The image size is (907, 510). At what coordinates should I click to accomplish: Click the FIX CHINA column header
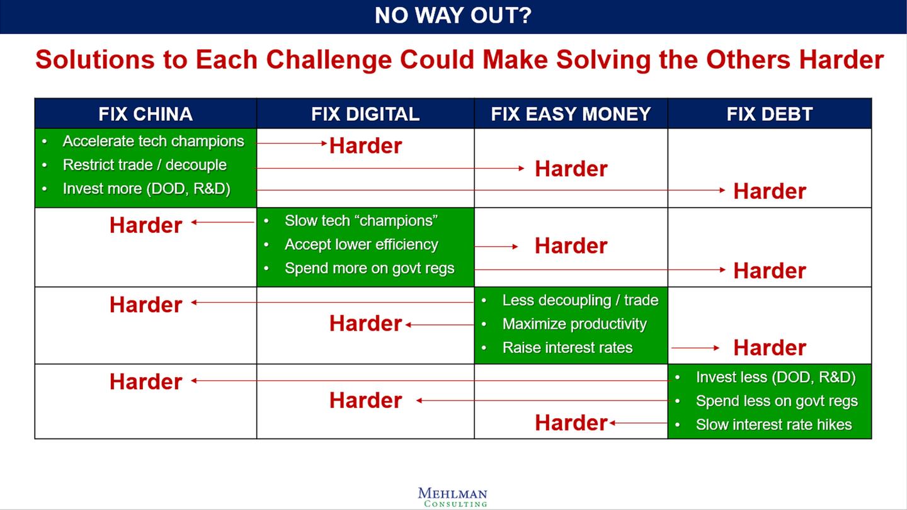point(145,114)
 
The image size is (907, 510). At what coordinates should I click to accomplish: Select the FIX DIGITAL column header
point(365,114)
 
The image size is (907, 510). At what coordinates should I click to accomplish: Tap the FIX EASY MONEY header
point(571,114)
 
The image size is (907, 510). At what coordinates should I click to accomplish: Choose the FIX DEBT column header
point(769,114)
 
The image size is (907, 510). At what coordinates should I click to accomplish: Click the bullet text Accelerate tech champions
point(153,141)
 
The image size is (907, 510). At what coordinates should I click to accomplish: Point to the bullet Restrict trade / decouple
point(144,165)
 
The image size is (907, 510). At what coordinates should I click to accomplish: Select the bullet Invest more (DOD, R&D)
point(146,189)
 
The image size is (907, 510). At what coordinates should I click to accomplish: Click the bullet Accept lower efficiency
point(361,244)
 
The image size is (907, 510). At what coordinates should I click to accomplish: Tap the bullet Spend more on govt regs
point(369,268)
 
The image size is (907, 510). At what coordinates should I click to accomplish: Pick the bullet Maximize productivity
point(574,324)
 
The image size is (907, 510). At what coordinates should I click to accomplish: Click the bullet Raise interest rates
point(567,348)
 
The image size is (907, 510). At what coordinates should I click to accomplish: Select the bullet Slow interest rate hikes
point(773,425)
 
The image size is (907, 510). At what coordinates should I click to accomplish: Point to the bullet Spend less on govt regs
point(777,401)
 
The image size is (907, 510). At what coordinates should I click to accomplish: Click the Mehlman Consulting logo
point(452,497)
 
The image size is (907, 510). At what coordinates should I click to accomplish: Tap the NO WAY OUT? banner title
point(453,16)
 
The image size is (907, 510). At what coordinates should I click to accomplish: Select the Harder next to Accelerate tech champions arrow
point(365,146)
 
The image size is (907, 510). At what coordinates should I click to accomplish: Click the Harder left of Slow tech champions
point(145,225)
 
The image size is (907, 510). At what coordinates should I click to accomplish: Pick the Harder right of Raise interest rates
point(769,348)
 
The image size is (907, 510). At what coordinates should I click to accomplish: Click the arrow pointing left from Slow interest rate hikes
point(637,423)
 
